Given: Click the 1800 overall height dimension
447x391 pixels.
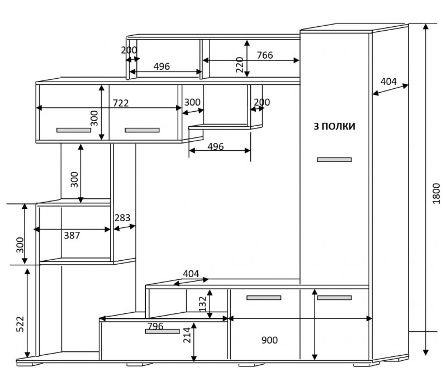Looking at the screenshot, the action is tap(436, 193).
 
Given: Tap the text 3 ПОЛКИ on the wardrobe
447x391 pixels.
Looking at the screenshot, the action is tap(334, 126).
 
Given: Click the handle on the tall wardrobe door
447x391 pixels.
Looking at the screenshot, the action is tap(334, 160).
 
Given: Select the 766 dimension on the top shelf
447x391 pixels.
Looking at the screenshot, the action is tap(265, 55).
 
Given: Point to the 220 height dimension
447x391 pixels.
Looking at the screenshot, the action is tap(240, 65).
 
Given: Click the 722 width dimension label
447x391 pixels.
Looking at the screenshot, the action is tap(121, 103).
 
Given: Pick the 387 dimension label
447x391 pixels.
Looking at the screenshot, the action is tap(72, 235).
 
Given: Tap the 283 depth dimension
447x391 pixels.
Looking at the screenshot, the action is tap(122, 218).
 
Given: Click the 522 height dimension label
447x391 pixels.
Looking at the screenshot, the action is tap(20, 324).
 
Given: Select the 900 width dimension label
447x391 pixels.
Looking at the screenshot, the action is tap(269, 340).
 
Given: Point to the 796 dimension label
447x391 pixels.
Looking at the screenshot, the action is tap(155, 326).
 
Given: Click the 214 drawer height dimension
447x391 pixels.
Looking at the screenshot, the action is tap(187, 335).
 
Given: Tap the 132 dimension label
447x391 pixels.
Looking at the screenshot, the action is tap(202, 304).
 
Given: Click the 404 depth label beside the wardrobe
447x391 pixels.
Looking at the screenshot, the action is tap(388, 82).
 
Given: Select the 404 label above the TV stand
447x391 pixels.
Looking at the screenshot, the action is tap(191, 274).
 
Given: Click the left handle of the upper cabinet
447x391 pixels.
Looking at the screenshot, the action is tap(74, 130).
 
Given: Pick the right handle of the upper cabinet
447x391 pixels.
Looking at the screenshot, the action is tap(142, 130).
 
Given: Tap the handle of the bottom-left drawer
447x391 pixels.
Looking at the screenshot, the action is tap(162, 331).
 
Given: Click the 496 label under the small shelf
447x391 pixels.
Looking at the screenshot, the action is tap(216, 147).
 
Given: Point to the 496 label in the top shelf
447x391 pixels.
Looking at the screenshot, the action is tap(161, 66).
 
